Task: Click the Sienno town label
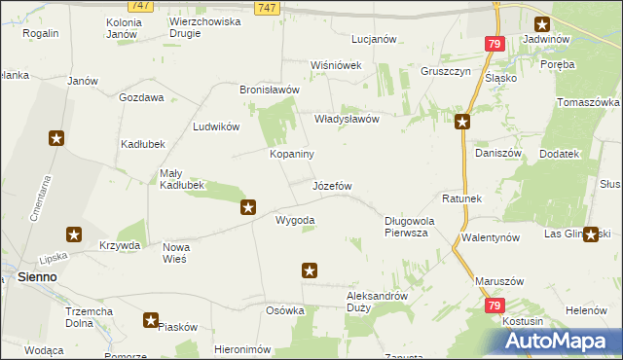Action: point(37,277)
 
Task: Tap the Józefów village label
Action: point(331,185)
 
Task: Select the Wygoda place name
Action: point(295,220)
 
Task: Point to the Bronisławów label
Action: point(269,89)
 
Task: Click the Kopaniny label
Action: point(291,154)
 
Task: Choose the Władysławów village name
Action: point(346,119)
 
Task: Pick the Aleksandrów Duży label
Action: point(377,300)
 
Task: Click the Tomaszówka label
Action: point(588,102)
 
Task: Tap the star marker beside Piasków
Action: point(151,319)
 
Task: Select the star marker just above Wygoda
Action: point(248,206)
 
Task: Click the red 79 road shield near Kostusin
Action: point(495,306)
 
